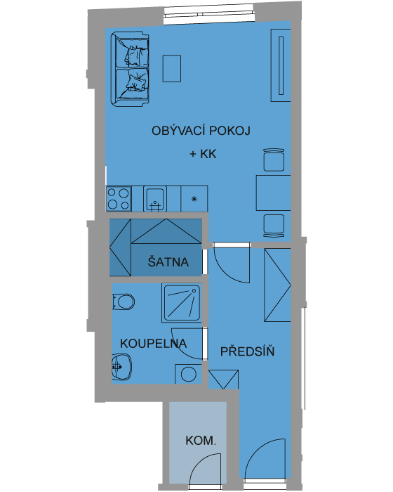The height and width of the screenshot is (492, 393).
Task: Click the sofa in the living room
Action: pos(129,69)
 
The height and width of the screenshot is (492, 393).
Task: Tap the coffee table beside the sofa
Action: pos(171,68)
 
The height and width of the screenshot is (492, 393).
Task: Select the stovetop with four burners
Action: pos(119,199)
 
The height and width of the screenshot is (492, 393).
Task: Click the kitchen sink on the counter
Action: pos(155,199)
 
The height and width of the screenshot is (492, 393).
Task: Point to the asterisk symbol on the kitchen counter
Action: pos(194,199)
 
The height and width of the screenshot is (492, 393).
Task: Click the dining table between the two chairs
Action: pos(273,193)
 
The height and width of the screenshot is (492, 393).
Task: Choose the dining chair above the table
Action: pos(274,160)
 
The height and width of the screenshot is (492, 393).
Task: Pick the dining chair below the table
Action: pos(274,226)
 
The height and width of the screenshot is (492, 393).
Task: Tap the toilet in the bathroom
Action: pos(124,302)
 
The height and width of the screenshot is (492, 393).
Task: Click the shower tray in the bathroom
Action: pos(182,303)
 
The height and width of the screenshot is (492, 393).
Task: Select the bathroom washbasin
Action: pos(121,366)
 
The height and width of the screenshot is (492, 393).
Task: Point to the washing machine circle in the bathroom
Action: pos(189,374)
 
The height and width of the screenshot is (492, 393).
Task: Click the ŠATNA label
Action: pos(168,262)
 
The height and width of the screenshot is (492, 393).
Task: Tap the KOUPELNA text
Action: pos(154,344)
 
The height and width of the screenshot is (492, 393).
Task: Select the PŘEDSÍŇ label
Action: pos(247,351)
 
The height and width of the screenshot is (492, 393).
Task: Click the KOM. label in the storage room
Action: pos(201,441)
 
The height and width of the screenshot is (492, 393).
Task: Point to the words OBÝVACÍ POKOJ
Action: pos(201,130)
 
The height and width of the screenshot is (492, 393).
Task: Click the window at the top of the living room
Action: pos(208,15)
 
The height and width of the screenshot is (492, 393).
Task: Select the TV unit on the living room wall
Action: pos(281,65)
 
